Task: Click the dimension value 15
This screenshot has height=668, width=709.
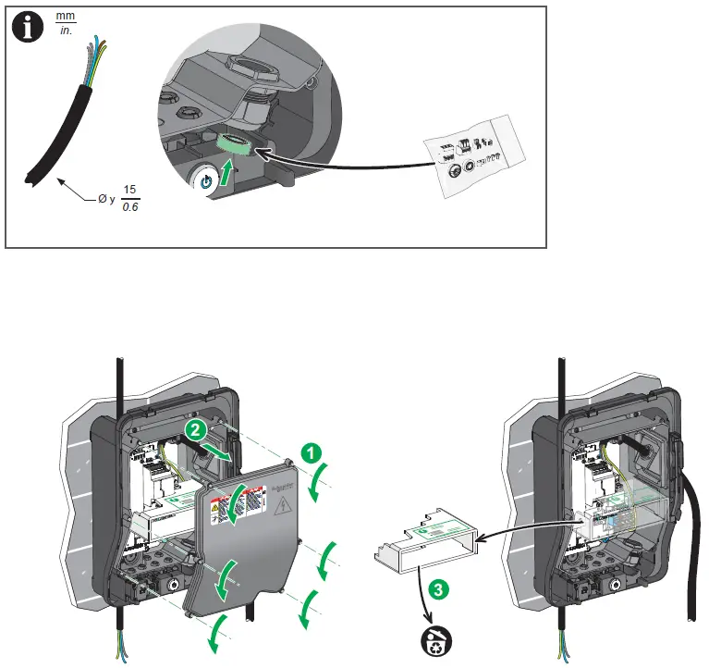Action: coord(130,189)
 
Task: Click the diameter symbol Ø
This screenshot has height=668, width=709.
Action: coord(92,197)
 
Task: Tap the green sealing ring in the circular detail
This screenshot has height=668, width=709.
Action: coord(232,145)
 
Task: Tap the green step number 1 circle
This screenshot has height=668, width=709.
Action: coord(312,452)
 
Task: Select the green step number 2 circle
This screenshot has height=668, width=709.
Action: coord(192,430)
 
